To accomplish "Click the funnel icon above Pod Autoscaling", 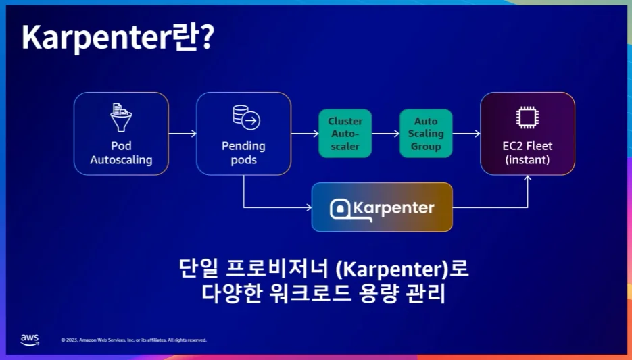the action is [x=121, y=117].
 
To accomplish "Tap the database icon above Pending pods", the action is [x=246, y=117].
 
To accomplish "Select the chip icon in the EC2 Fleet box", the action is [x=527, y=117].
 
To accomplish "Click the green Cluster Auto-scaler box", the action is [x=345, y=133].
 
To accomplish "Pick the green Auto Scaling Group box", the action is [x=426, y=133].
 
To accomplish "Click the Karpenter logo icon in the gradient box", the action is [x=340, y=209].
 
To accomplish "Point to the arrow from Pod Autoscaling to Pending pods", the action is [x=183, y=133].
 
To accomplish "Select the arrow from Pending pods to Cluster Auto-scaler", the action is [x=305, y=133].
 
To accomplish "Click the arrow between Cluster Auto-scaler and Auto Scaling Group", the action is [x=385, y=133].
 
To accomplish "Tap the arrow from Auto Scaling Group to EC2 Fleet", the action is [x=466, y=133].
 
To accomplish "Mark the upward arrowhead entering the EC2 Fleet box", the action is [x=528, y=178].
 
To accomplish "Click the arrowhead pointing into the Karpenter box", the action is [x=309, y=207].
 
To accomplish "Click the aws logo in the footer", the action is [x=30, y=340].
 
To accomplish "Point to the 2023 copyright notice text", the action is [x=134, y=340].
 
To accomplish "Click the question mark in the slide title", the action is [x=207, y=36].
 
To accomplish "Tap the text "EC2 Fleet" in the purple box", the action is [x=527, y=146].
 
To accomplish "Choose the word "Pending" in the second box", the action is [x=243, y=146].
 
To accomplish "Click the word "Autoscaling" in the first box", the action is [x=121, y=160].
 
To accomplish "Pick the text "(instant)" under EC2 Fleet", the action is [x=527, y=160].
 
